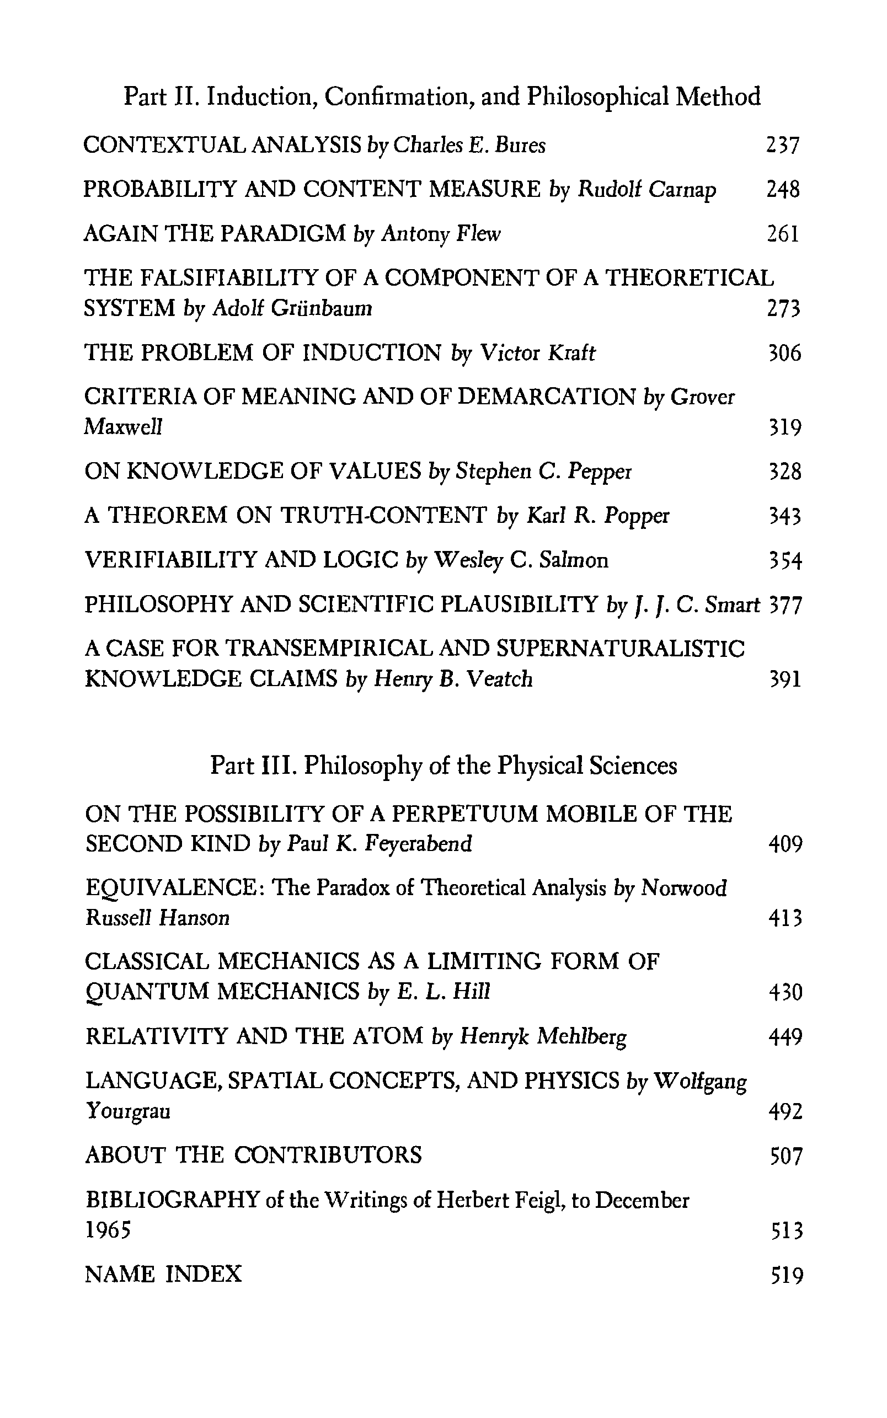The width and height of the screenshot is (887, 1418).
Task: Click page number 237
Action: pyautogui.click(x=783, y=146)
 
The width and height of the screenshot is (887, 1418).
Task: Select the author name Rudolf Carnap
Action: pyautogui.click(x=646, y=190)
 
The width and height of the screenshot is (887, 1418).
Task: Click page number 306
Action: pyautogui.click(x=784, y=353)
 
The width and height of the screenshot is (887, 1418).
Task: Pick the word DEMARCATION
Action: pyautogui.click(x=546, y=397)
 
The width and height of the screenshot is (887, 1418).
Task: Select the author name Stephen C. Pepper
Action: pyautogui.click(x=543, y=472)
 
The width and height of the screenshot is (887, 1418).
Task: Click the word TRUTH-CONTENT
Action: pyautogui.click(x=384, y=516)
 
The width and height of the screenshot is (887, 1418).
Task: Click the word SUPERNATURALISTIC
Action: pyautogui.click(x=621, y=649)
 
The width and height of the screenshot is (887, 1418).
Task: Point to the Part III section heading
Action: pyautogui.click(x=443, y=766)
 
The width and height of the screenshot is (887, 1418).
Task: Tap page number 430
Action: pyautogui.click(x=785, y=992)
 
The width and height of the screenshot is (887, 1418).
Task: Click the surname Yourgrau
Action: pyautogui.click(x=128, y=1111)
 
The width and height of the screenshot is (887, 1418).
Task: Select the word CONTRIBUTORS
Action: pyautogui.click(x=328, y=1155)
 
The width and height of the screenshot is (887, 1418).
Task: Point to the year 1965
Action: pyautogui.click(x=108, y=1230)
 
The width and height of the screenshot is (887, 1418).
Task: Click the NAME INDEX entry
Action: pyautogui.click(x=163, y=1273)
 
